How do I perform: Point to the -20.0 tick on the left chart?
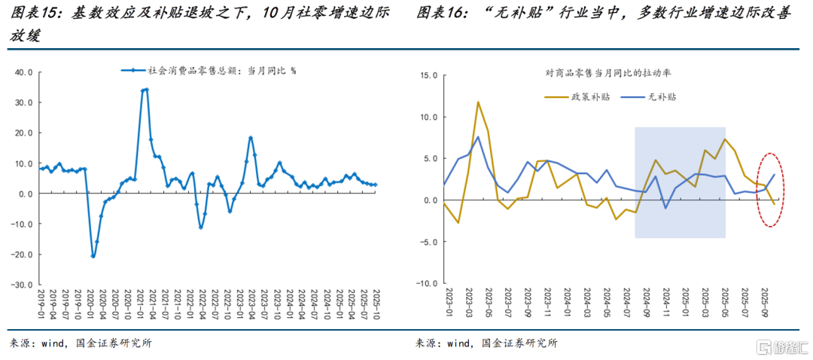[23, 255]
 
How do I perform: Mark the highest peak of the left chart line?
[145, 90]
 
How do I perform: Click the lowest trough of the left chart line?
[93, 256]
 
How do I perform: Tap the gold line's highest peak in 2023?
[478, 102]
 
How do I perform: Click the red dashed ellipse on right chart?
[769, 189]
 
